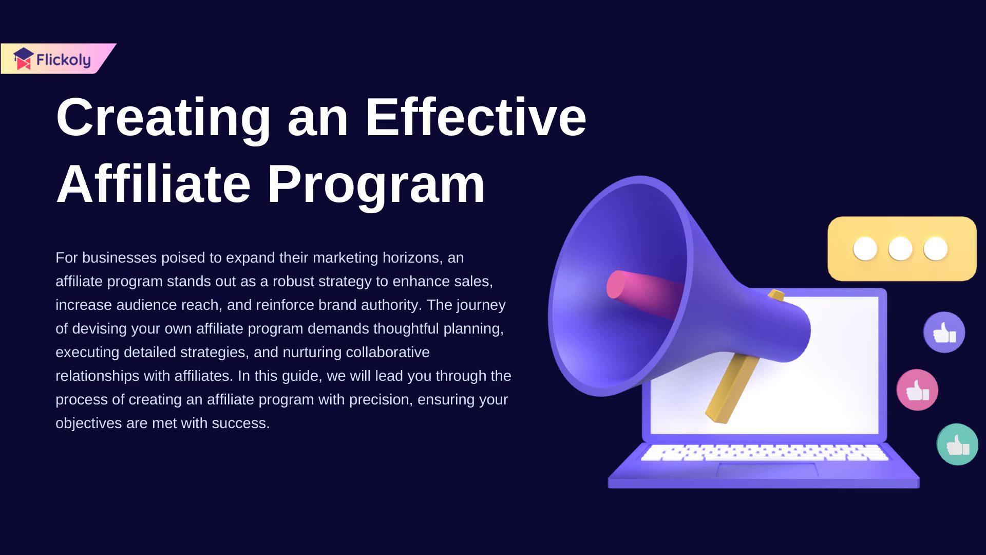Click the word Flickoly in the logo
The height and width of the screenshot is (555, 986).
64,61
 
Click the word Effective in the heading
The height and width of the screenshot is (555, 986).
476,117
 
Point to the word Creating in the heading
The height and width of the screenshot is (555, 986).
163,119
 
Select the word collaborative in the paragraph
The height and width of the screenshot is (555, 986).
388,352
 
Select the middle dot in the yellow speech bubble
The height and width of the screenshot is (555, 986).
900,249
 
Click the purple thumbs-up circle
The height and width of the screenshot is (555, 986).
944,332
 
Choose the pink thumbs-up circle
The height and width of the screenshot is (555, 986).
917,390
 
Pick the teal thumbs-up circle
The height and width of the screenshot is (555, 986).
957,444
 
